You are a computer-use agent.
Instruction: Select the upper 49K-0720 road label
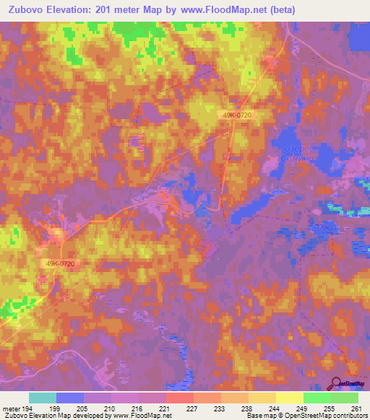[236, 115]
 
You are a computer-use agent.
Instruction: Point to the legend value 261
[356, 408]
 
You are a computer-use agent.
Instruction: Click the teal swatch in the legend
[43, 398]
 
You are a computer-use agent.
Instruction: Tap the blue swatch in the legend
[70, 398]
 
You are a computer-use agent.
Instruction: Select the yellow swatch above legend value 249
[290, 398]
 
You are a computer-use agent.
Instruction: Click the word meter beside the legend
[10, 408]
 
